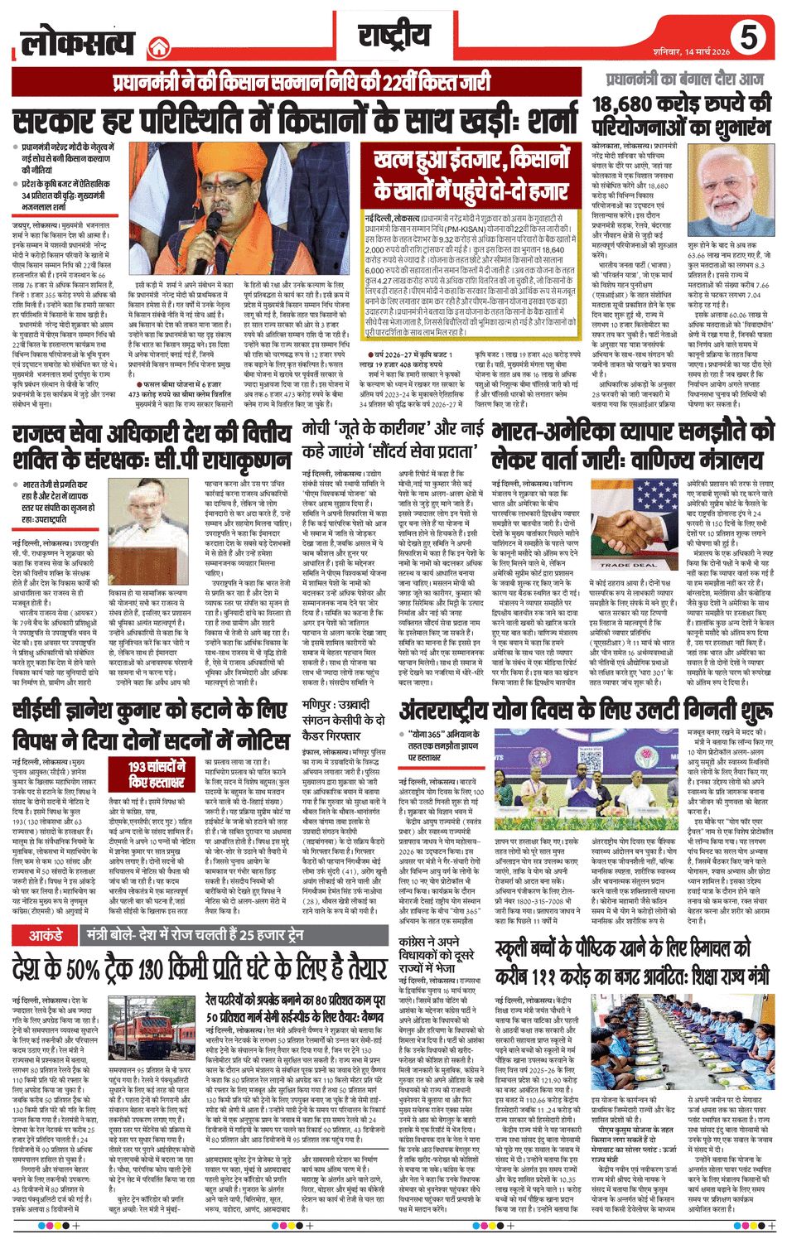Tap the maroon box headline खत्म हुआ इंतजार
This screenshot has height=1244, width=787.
pyautogui.click(x=470, y=175)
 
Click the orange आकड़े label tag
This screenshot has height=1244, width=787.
pyautogui.click(x=46, y=936)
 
